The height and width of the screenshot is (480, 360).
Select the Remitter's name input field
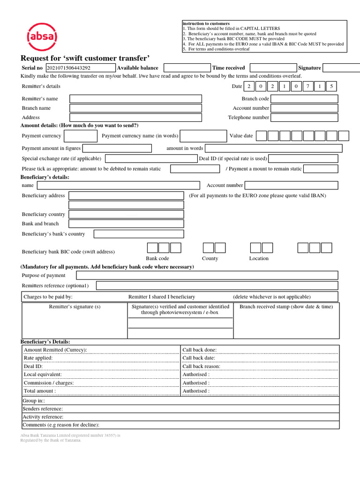[135, 99]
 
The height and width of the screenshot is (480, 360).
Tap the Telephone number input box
[304, 118]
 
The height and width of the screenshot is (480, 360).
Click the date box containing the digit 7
[308, 86]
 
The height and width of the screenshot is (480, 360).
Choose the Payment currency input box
[81, 136]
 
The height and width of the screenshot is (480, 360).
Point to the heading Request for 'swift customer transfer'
[85, 58]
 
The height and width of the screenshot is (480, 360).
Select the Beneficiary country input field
[126, 214]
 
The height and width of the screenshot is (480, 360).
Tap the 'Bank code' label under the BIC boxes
[157, 258]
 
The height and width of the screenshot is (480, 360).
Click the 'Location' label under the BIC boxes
[259, 258]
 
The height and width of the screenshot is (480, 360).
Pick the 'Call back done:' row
[260, 350]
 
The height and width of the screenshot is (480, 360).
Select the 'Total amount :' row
[101, 391]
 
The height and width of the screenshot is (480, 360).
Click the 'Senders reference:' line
[180, 409]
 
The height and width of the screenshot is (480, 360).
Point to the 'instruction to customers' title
[206, 23]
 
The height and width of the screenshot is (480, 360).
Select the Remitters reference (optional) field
[217, 285]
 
